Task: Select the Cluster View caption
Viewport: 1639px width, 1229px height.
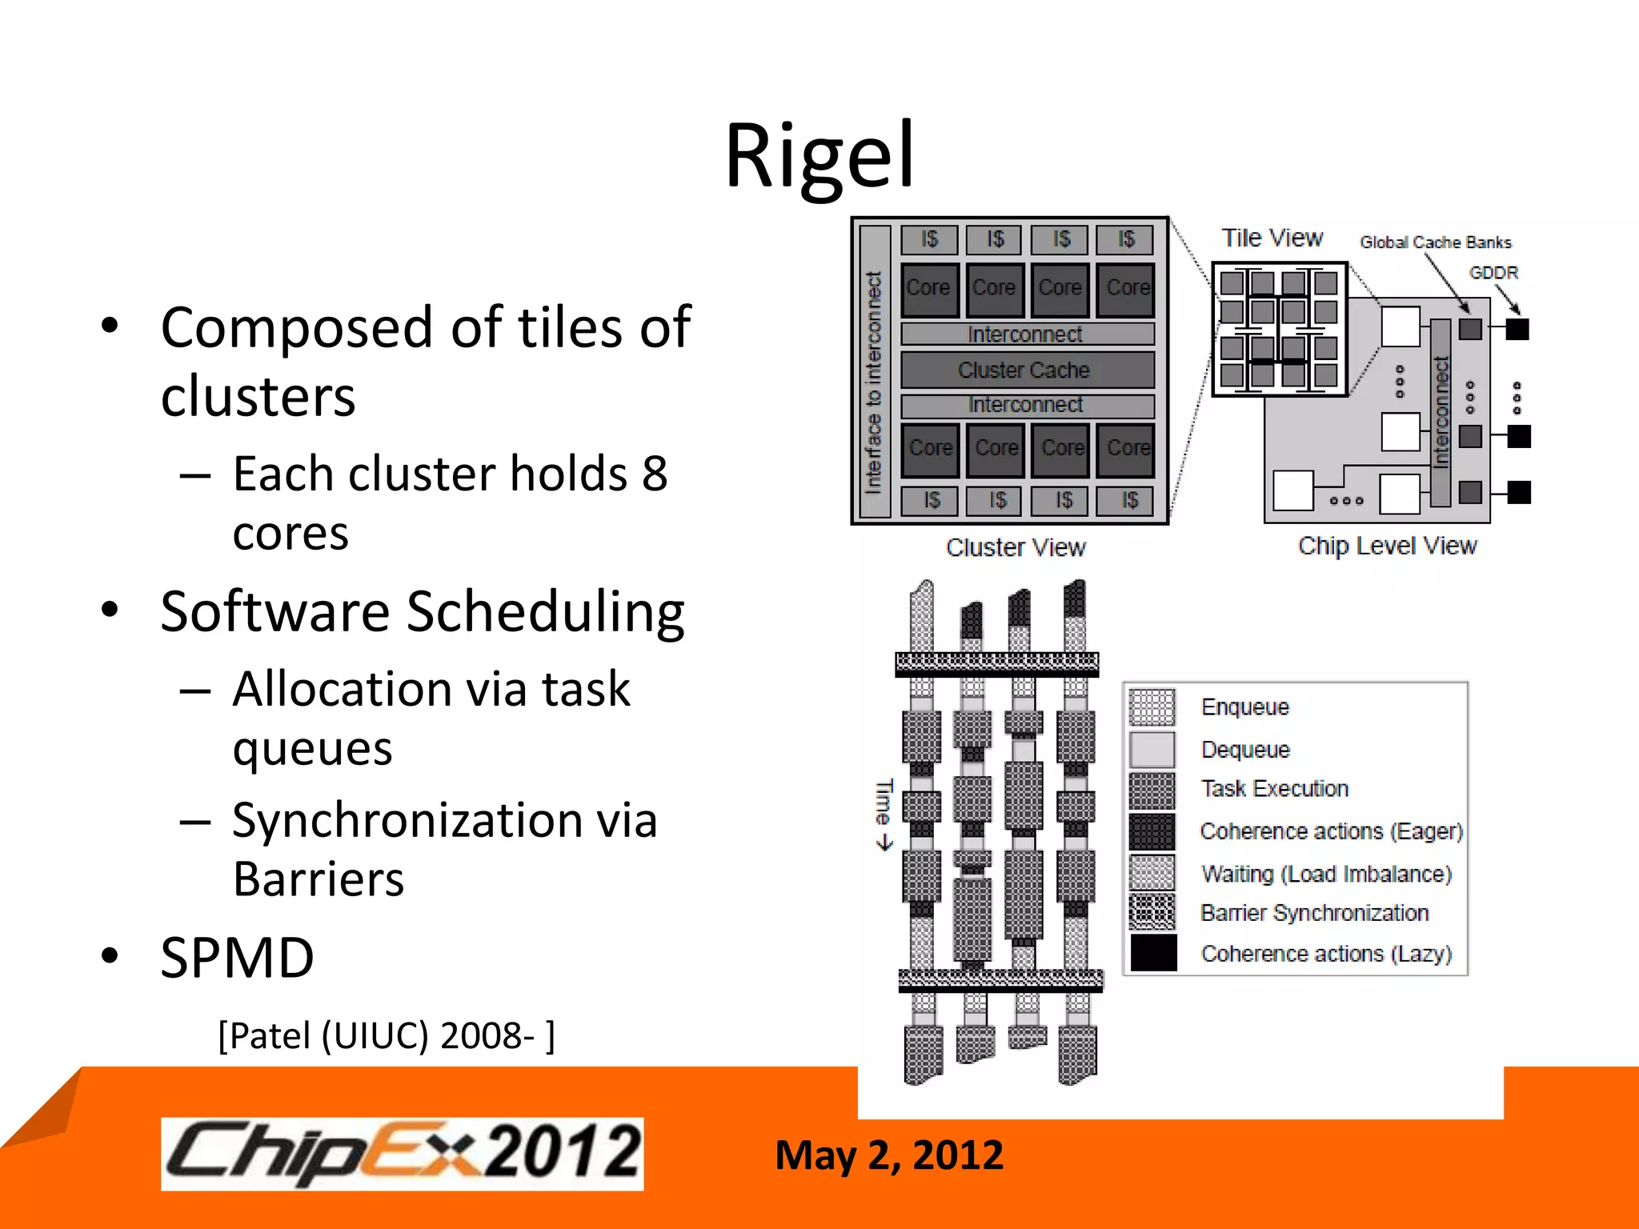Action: coord(1016,547)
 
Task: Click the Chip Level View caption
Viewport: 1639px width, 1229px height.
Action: coord(1387,546)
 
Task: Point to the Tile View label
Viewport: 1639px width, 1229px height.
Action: coord(1272,238)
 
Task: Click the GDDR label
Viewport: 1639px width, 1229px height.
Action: coord(1493,273)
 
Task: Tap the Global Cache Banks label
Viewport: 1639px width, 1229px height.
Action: coord(1435,242)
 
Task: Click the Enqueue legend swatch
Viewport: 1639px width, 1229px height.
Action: coord(1152,707)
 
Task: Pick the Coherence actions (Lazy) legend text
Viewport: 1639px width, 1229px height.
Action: coord(1326,954)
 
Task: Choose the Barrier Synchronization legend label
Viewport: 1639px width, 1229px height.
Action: coord(1314,913)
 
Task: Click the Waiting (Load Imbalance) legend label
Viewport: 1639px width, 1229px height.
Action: coord(1326,874)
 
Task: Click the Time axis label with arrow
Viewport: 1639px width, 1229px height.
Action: coord(884,813)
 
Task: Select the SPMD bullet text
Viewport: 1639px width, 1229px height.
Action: coord(237,958)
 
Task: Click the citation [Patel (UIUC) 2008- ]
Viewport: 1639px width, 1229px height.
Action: coord(386,1035)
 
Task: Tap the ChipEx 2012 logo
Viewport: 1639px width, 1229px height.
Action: coord(403,1154)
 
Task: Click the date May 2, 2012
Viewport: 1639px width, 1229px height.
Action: coord(888,1155)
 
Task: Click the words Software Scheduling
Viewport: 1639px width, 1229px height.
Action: coord(422,611)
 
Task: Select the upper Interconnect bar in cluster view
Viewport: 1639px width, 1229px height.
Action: coord(1027,334)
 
